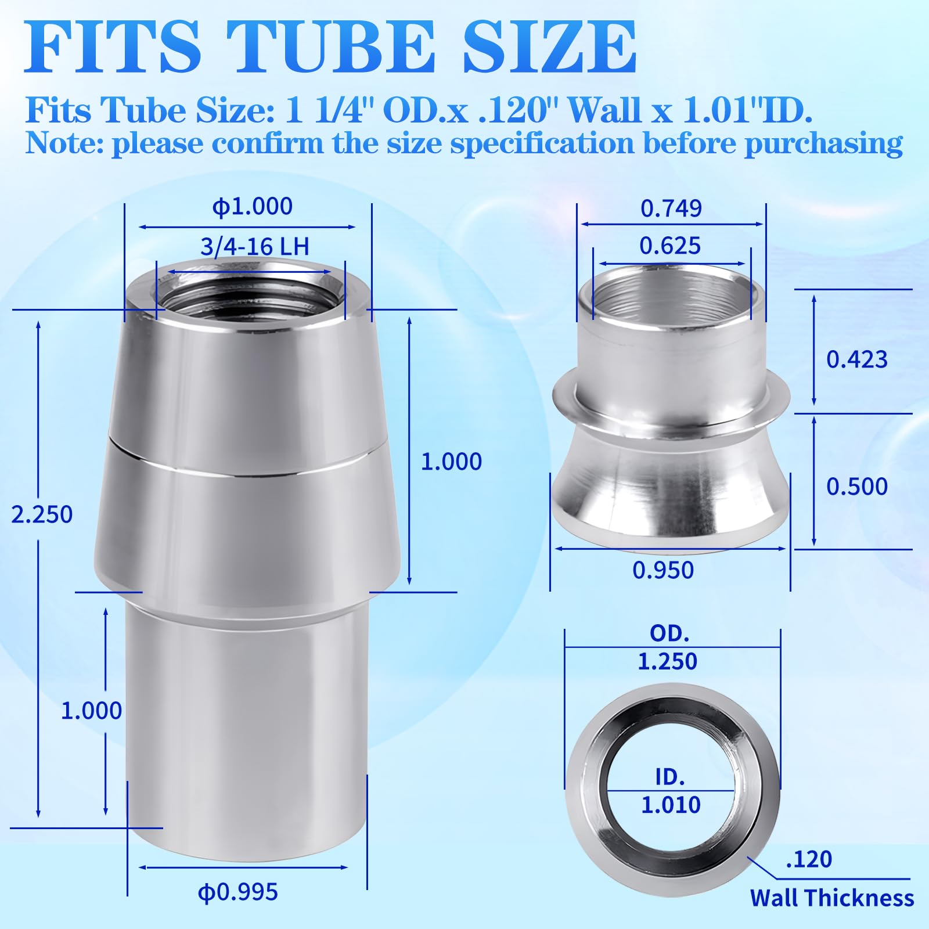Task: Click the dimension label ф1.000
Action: click(253, 207)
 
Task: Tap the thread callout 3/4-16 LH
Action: click(254, 247)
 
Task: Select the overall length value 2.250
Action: click(42, 514)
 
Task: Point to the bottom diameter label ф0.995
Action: click(238, 892)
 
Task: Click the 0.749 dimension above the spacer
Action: click(671, 208)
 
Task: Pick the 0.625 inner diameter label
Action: click(670, 246)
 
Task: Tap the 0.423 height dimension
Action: click(857, 359)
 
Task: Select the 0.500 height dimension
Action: click(857, 487)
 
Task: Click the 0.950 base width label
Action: click(663, 570)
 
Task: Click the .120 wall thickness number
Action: click(809, 859)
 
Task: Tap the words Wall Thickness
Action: click(831, 898)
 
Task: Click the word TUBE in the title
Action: click(331, 46)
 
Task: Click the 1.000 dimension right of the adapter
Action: click(451, 462)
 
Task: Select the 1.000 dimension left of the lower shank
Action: click(91, 711)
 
